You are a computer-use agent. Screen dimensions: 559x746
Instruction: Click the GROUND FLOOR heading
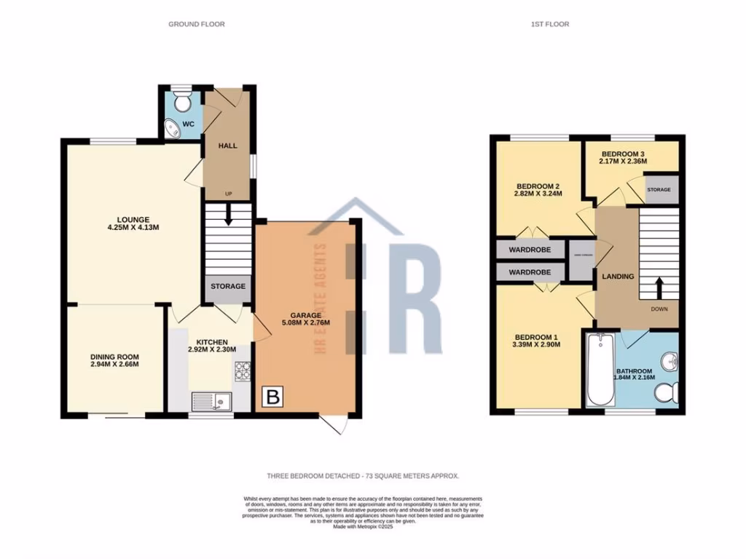pos(197,24)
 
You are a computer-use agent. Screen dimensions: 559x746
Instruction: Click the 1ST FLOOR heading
pos(550,24)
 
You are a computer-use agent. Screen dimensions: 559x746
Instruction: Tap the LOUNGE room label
pos(134,219)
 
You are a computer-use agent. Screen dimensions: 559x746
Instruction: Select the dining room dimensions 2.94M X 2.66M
pos(114,365)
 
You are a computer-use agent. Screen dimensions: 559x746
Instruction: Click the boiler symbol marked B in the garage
pos(273,397)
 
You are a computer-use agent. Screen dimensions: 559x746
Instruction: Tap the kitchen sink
pos(211,400)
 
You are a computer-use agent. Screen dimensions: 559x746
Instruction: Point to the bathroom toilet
pos(667,394)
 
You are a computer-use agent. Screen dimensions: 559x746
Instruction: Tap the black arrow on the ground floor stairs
pos(229,215)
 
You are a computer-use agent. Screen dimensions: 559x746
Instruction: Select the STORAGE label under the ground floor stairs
pos(228,286)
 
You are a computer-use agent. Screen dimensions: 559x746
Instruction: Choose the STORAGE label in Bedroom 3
pos(659,190)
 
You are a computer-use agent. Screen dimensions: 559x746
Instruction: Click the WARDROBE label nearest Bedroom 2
pos(530,249)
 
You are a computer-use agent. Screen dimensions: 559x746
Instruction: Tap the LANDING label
pos(617,277)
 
